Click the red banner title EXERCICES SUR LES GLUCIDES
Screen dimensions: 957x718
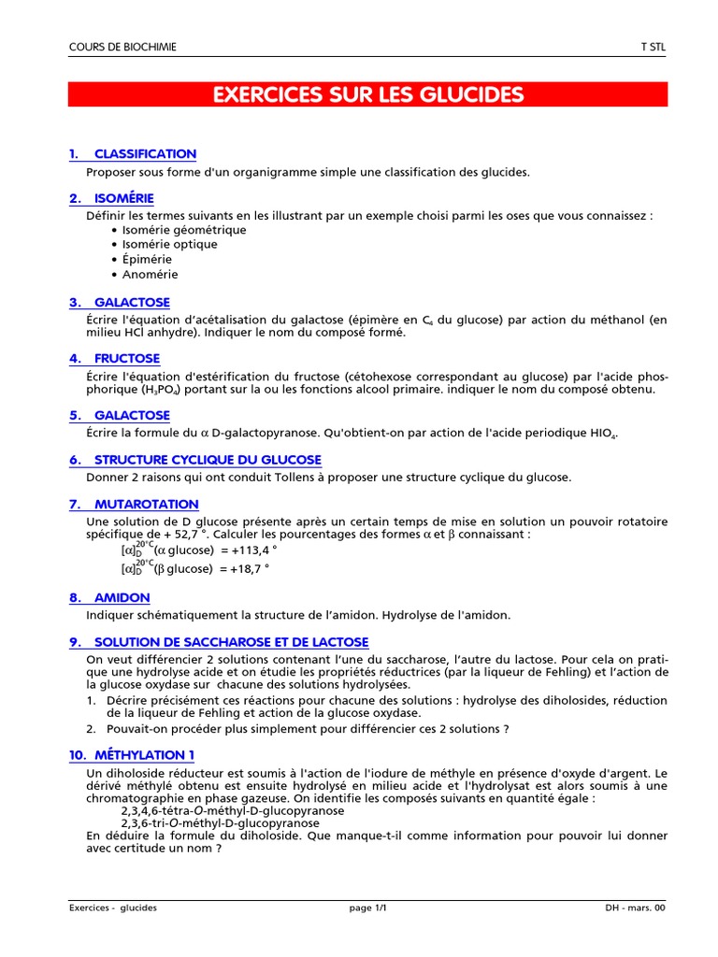point(367,94)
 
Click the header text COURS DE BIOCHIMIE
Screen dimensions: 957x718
point(122,48)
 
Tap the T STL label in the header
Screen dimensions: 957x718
point(653,48)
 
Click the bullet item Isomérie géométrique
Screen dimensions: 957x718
point(171,230)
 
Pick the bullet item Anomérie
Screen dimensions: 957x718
point(150,275)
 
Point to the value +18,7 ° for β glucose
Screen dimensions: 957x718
point(248,568)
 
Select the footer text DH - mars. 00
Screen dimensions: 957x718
point(635,907)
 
